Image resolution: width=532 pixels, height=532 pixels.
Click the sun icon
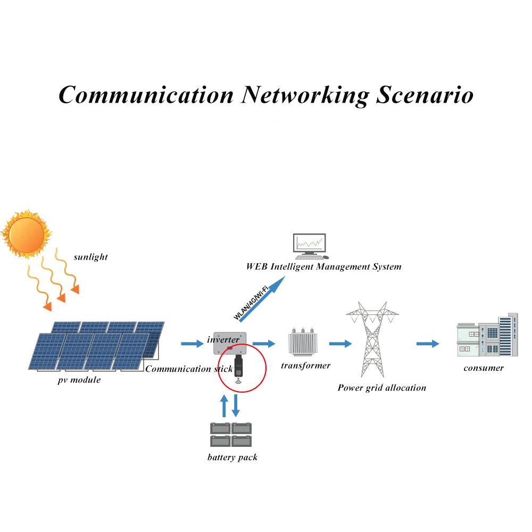pos(26,234)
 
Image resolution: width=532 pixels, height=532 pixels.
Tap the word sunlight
pos(90,257)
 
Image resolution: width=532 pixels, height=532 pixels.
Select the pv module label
pos(79,380)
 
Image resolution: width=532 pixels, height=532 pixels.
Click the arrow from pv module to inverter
pos(192,344)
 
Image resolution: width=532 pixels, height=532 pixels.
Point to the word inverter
pos(223,339)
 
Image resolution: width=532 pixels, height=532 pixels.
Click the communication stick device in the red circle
pos(238,367)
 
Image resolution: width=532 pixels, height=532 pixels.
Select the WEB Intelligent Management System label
pos(323,267)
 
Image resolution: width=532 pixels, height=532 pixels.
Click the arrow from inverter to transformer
pos(264,344)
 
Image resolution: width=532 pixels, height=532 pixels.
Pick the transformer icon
pos(303,342)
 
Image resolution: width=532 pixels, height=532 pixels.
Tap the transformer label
pos(306,365)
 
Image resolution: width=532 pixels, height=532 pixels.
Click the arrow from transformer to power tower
pos(340,344)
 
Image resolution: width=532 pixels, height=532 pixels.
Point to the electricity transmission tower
pos(372,339)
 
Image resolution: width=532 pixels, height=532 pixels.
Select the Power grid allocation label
pos(381,388)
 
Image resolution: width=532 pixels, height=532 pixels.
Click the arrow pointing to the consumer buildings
pos(428,344)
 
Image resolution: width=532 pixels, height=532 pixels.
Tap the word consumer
pos(484,368)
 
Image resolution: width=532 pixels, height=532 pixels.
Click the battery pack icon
pos(231,435)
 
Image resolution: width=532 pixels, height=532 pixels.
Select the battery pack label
pos(232,458)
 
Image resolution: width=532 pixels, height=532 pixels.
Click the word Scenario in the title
pos(425,95)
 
